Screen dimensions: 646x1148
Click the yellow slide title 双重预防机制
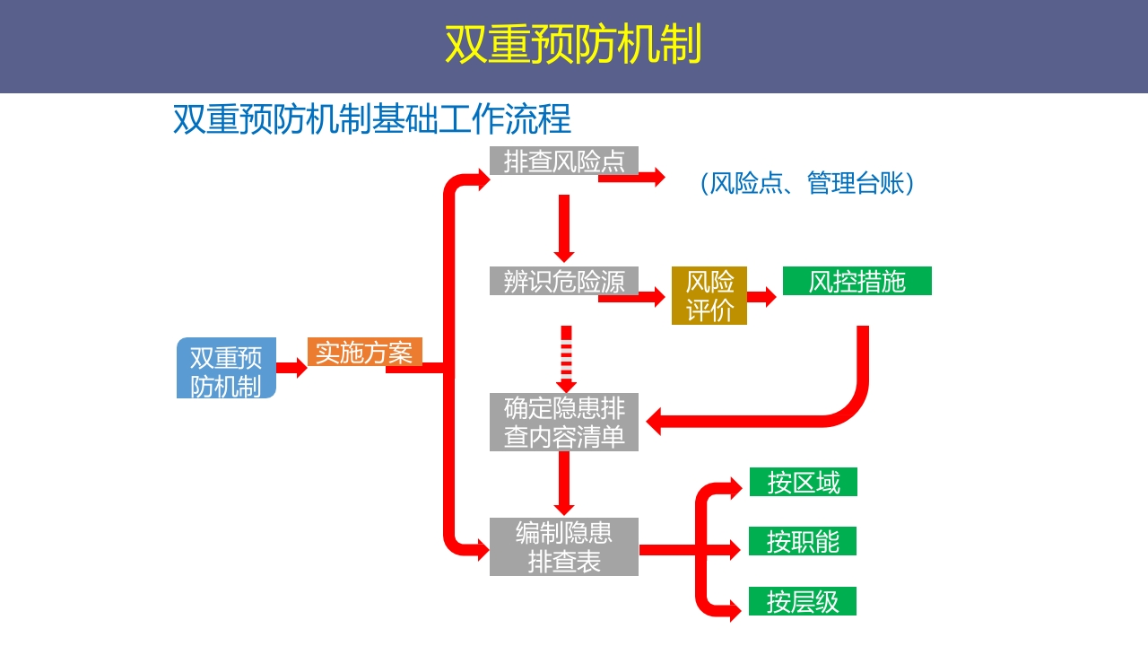(573, 45)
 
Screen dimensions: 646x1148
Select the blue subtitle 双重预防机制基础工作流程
(371, 119)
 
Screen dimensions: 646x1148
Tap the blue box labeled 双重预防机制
(226, 368)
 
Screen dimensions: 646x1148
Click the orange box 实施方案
(364, 352)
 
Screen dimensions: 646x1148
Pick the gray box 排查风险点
(563, 161)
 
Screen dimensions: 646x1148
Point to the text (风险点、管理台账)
(807, 183)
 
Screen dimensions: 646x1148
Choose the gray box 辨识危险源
(563, 281)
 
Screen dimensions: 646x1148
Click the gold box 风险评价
(709, 295)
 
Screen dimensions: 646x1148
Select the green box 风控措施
(857, 281)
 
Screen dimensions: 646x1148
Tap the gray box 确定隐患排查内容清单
(563, 422)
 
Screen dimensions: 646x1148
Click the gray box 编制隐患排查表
(563, 546)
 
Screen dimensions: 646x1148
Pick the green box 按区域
(803, 482)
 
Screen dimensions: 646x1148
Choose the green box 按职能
(803, 541)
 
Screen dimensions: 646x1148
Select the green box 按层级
(803, 601)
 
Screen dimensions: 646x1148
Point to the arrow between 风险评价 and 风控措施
(762, 297)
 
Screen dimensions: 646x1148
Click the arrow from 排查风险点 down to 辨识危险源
(564, 229)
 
